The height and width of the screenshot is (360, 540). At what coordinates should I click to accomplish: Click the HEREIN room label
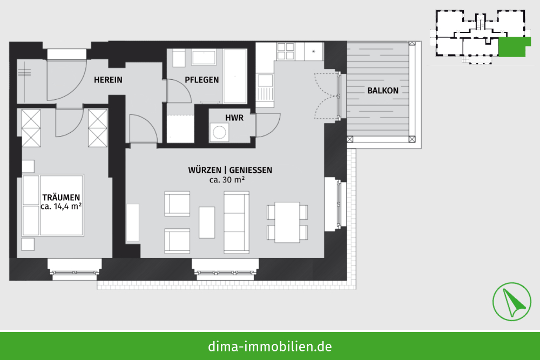point(108,80)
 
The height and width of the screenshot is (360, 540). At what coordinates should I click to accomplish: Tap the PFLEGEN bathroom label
point(202,80)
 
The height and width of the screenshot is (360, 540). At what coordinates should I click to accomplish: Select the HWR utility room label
point(234,118)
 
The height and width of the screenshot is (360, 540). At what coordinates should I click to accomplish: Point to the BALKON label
point(383,91)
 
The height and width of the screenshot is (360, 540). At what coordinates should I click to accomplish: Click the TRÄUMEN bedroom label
point(61,198)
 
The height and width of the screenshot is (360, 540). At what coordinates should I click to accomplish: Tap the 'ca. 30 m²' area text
point(227,179)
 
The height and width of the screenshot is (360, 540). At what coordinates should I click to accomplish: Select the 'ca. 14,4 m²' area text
point(61,207)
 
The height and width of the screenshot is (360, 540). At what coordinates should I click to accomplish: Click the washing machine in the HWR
point(219,132)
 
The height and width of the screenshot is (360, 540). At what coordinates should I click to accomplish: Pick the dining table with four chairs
point(287,222)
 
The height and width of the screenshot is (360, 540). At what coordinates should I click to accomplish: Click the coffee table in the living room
point(207,222)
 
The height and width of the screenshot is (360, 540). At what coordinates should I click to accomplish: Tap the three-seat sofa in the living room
point(237,222)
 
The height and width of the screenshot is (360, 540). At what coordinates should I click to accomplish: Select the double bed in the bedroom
point(53,205)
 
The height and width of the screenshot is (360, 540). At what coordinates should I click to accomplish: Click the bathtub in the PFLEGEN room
point(235,76)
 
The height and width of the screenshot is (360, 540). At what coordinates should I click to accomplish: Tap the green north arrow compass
point(511,302)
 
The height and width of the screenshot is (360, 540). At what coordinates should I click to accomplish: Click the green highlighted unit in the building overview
point(512,47)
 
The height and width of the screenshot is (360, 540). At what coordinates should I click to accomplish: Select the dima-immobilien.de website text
point(270,347)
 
